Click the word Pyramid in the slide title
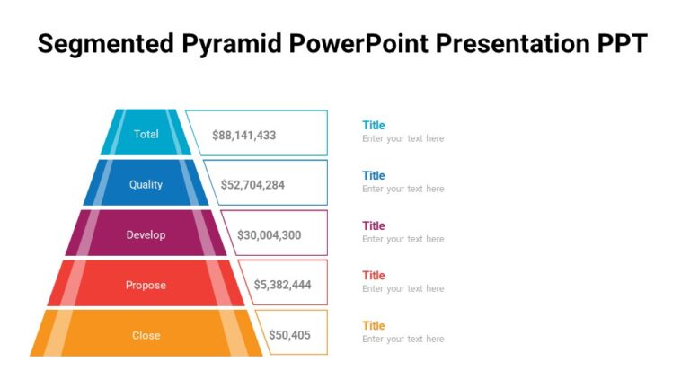pyautogui.click(x=227, y=44)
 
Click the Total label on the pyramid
pyautogui.click(x=146, y=134)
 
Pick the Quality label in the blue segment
pyautogui.click(x=146, y=184)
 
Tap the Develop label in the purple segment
pyautogui.click(x=146, y=234)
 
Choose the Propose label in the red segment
pyautogui.click(x=146, y=285)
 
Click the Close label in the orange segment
pyautogui.click(x=146, y=335)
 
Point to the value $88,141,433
pyautogui.click(x=243, y=135)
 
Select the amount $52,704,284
pyautogui.click(x=252, y=185)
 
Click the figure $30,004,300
pyautogui.click(x=269, y=235)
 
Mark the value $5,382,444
pyautogui.click(x=282, y=285)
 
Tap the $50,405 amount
pyautogui.click(x=289, y=335)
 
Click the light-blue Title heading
pyautogui.click(x=374, y=125)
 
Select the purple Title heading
pyautogui.click(x=374, y=225)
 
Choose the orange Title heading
pyautogui.click(x=374, y=325)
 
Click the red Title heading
pyautogui.click(x=374, y=275)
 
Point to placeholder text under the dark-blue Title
pyautogui.click(x=402, y=189)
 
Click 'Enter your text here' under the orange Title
pyautogui.click(x=402, y=339)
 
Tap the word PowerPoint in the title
pyautogui.click(x=376, y=44)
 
